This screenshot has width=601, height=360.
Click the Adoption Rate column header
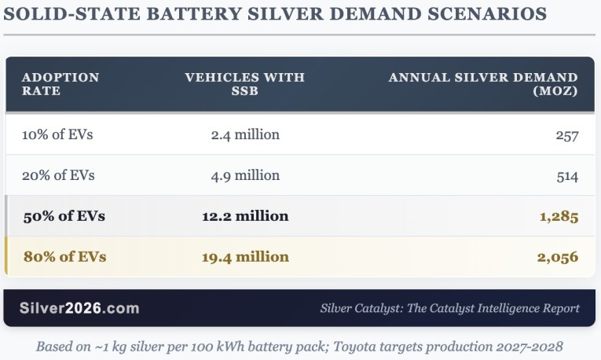click(x=60, y=84)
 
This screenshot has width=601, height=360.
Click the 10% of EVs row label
click(x=57, y=134)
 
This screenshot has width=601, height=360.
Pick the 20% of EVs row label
click(x=57, y=175)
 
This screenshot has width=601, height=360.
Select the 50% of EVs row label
click(x=64, y=216)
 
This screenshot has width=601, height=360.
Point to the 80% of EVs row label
click(x=64, y=257)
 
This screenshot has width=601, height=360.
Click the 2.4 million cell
click(x=245, y=134)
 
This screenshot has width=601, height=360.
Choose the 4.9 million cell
click(x=245, y=175)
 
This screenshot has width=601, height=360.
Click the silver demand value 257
click(x=566, y=135)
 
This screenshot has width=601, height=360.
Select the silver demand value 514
click(x=566, y=176)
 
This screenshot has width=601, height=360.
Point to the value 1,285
click(x=558, y=216)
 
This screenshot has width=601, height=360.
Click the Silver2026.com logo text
click(x=79, y=308)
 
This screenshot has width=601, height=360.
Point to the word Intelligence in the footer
click(x=502, y=308)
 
